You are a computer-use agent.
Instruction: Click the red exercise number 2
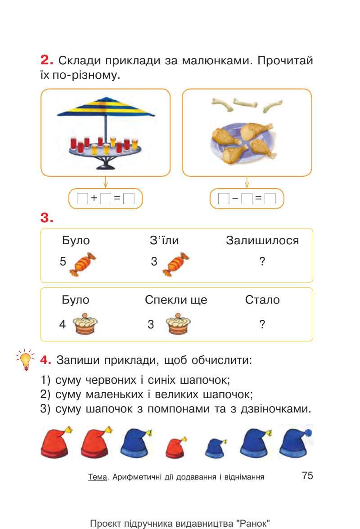tap(46, 60)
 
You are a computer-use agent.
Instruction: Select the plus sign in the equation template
tap(94, 198)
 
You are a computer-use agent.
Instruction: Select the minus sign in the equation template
tap(235, 198)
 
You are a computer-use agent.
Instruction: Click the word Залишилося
tap(262, 241)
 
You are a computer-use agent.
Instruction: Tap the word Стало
tap(262, 300)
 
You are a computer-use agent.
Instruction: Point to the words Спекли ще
tap(176, 300)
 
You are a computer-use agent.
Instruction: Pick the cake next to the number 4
tap(86, 324)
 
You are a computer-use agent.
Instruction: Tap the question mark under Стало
tap(262, 324)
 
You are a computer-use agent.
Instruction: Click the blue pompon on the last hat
tap(309, 433)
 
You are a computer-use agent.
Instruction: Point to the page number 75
tap(307, 475)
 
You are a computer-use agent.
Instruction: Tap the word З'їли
tap(164, 241)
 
